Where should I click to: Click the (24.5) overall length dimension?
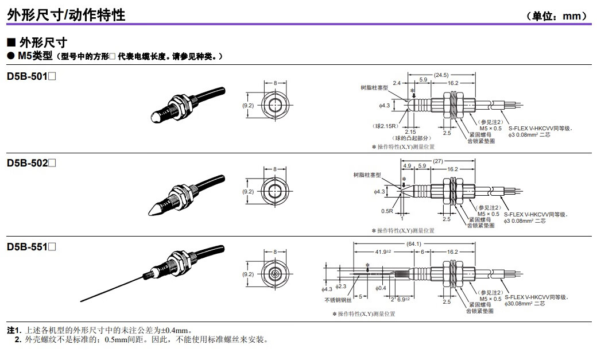point(441,75)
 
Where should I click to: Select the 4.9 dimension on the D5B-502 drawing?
point(408,167)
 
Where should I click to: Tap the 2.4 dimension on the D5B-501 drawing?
point(397,83)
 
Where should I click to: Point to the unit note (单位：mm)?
point(559,16)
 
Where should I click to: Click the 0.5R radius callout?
point(387,211)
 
